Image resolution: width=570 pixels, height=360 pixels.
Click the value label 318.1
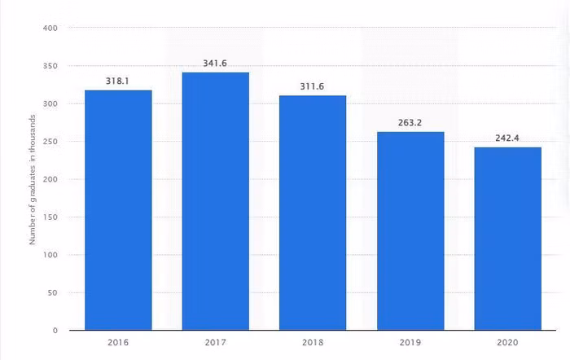118,81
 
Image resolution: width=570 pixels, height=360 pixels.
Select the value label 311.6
313,86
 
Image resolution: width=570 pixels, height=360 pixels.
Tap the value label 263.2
410,123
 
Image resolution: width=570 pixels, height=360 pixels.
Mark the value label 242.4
508,138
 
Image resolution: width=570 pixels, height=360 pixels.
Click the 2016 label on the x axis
118,344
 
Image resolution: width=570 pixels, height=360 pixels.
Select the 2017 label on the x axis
216,344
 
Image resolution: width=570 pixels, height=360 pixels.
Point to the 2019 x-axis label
410,344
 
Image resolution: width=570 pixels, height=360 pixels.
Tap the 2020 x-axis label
508,344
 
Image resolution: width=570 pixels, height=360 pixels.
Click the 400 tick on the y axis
50,29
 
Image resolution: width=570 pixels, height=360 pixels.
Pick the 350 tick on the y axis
50,66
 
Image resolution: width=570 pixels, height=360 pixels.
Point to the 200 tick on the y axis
50,179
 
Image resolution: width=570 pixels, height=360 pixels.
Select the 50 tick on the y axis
52,292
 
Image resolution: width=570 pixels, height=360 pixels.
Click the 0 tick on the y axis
55,331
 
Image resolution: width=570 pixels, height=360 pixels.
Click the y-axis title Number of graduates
33,179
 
